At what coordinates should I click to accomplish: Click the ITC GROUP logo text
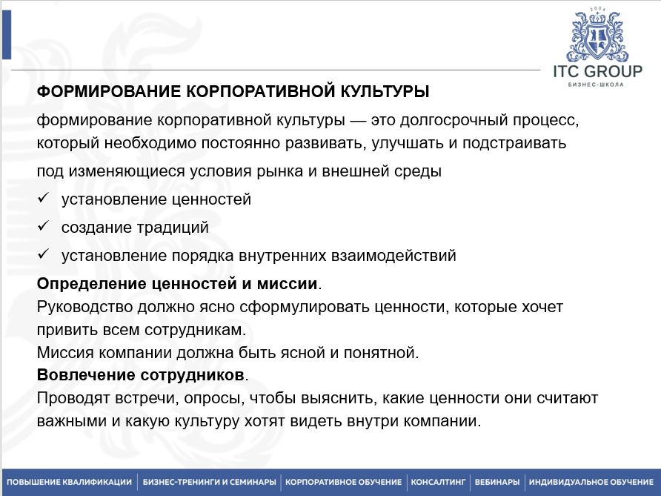click(597, 72)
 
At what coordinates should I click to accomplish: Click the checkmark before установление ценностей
click(44, 199)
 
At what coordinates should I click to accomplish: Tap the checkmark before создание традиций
click(44, 227)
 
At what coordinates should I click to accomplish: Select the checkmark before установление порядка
click(44, 255)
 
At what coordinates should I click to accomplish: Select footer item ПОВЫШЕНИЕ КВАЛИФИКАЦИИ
click(69, 481)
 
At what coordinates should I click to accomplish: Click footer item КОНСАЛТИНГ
click(438, 481)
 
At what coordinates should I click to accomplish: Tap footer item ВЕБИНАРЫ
click(496, 481)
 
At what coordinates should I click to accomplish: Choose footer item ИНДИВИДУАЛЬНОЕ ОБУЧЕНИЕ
click(591, 481)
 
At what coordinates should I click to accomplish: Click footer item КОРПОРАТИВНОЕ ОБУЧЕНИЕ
click(343, 481)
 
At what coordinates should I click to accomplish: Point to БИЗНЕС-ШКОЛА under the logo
click(597, 85)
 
